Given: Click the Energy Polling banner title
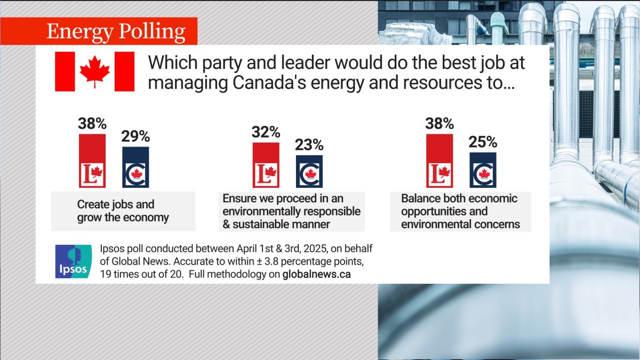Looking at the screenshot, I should coord(116,31).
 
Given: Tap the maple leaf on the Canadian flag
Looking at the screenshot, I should coord(94,71).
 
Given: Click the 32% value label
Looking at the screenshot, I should coord(266,132).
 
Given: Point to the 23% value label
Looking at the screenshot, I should coord(309,145).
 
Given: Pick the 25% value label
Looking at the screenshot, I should coord(483,142).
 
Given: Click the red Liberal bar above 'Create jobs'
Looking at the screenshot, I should coord(92,160).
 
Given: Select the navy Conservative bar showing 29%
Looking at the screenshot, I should coord(135,167).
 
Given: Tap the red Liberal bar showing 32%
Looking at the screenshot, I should coord(266,165).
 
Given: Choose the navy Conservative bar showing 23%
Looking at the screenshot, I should coord(309,171).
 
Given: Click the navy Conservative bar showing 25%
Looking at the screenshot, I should coord(483,170).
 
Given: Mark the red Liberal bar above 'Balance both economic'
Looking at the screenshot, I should coord(439,160).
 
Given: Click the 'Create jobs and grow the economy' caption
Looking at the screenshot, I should coord(123,211).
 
